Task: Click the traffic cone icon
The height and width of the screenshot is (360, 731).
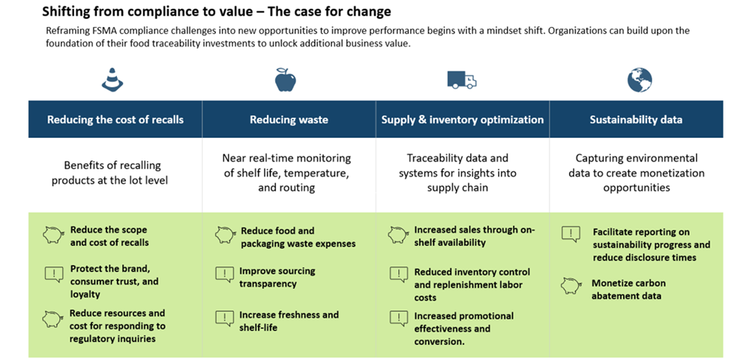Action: (112, 79)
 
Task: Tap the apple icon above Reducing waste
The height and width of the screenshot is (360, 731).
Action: (286, 79)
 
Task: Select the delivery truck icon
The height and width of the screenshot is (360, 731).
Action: (461, 79)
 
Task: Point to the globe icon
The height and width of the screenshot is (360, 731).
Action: (640, 79)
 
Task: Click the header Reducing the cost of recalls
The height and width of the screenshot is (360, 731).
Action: (115, 119)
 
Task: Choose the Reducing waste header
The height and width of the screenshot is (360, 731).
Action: (289, 119)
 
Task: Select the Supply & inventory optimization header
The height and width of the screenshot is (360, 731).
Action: (463, 119)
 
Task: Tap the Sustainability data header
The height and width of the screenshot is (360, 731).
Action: (636, 119)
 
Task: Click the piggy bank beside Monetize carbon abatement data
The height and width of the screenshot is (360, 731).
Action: (571, 286)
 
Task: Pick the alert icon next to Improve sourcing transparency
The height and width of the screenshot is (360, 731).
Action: (225, 274)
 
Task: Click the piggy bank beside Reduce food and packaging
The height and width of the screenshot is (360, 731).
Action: (225, 234)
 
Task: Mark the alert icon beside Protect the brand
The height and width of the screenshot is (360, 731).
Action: (53, 274)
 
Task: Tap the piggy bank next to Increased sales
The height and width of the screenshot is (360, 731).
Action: (398, 234)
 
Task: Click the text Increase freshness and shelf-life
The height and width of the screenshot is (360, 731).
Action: (289, 321)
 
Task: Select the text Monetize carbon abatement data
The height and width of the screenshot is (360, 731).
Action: (628, 289)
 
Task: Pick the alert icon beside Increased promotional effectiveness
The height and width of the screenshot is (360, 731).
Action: (398, 318)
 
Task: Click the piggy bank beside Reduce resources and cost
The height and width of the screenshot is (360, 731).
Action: (53, 318)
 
